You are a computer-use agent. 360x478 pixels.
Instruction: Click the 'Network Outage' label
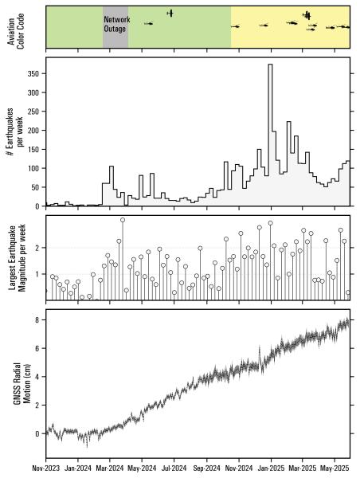115,24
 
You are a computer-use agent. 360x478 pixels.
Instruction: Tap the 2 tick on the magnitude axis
37,248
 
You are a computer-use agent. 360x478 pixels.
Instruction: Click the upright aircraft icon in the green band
170,13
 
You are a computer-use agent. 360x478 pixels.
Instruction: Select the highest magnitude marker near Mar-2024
123,220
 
